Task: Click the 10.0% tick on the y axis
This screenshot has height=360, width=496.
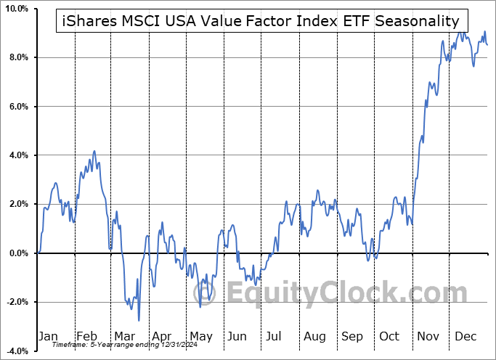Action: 16,9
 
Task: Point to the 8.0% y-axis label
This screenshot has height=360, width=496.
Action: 17,57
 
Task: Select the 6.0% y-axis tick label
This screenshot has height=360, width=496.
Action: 17,107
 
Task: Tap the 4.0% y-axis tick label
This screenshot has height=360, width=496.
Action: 17,155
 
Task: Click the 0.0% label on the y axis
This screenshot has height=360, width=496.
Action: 17,253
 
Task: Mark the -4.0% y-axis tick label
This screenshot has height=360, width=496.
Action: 16,351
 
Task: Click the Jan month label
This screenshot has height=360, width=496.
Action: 48,337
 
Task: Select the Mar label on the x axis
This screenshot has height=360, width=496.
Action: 123,337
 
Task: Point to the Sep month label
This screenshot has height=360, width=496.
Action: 351,337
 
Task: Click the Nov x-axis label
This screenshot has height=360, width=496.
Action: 427,337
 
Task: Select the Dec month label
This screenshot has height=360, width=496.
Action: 465,337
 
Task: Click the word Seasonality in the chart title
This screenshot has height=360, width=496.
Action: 417,21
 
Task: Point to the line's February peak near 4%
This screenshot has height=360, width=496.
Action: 94,152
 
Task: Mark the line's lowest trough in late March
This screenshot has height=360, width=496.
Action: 139,320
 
